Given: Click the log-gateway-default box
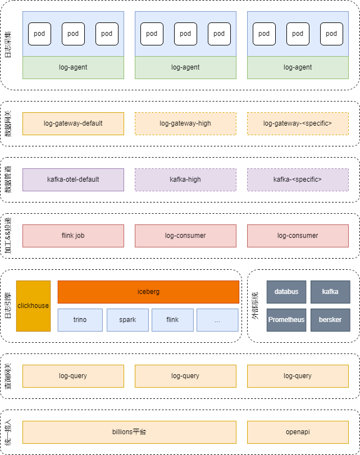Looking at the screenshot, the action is pos(73,123).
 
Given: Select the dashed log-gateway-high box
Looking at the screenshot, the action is pos(185,123).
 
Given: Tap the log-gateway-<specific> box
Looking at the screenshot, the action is pos(298,123).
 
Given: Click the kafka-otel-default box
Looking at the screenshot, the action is pos(73,180).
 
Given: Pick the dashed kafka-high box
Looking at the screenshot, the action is pos(185,180).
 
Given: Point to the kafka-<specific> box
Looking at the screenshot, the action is pos(298,180).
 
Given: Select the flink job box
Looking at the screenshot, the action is pos(73,236).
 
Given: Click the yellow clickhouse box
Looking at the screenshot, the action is pos(33,306).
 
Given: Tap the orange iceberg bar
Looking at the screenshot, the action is pos(148,292).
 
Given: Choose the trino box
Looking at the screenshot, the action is pos(80,320).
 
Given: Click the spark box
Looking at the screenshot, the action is pos(127,320).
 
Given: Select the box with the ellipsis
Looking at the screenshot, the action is pos(217,320).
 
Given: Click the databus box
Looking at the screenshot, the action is pos(286,292).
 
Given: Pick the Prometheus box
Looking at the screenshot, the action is pos(286,320).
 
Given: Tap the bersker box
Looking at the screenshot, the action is pos(330,320).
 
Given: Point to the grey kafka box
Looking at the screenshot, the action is pos(330,292).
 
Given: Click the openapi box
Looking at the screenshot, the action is pos(298,432).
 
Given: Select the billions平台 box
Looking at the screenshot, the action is pos(129,432).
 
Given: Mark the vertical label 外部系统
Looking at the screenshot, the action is pos(255,306).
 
